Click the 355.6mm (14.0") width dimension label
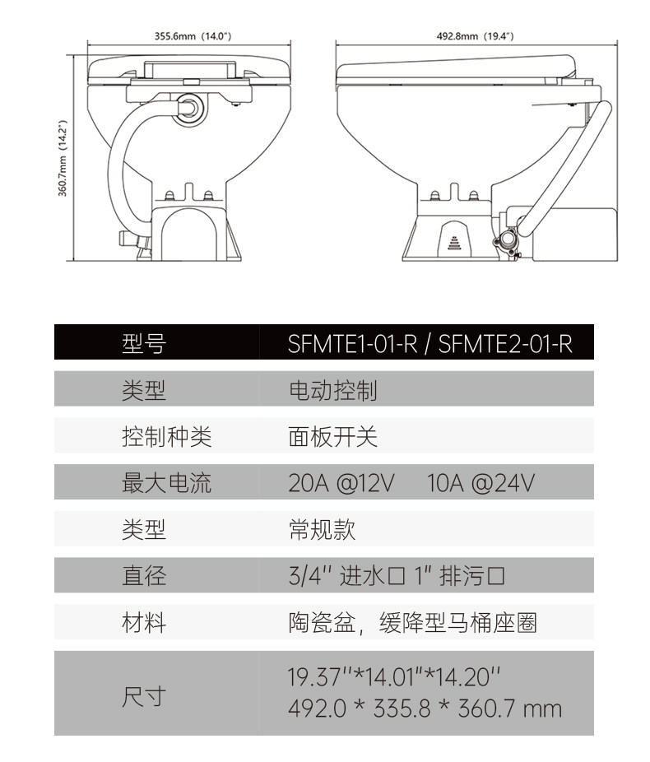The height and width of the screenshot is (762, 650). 193,36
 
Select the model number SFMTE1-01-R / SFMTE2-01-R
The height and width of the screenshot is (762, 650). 429,342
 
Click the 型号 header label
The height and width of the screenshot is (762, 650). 143,342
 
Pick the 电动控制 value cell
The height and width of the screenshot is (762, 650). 332,390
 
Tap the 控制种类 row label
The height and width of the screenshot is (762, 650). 166,437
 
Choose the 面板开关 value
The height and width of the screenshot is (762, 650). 332,437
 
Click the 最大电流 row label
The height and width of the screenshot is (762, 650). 166,483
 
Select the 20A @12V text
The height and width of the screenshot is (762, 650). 341,483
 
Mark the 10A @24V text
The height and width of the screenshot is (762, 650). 481,483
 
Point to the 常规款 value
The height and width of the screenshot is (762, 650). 322,529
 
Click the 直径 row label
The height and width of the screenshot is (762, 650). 144,575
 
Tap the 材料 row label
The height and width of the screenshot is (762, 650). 144,622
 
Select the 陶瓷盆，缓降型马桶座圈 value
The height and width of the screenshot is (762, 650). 412,623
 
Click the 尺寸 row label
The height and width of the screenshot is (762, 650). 144,696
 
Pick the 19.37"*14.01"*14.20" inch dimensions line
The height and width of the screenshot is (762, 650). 394,678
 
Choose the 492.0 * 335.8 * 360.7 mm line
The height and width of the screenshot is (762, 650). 425,708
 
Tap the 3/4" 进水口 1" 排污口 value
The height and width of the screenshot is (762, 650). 397,575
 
